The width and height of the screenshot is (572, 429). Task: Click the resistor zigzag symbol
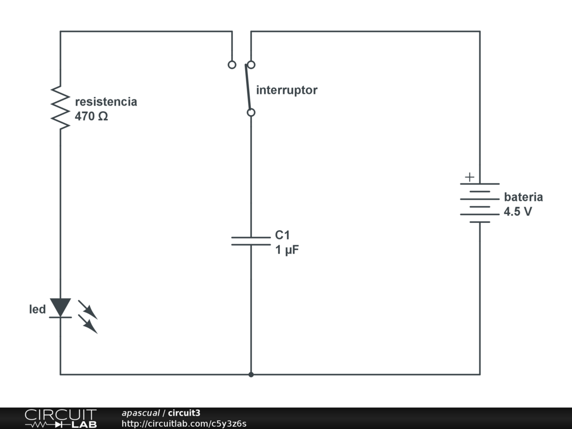tap(60, 108)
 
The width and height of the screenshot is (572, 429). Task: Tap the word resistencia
tap(106, 102)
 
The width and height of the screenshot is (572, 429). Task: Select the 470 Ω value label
tap(91, 117)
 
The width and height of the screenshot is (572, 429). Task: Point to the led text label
tap(37, 309)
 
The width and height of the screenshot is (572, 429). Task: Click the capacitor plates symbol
tap(251, 241)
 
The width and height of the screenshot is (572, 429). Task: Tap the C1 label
tap(282, 235)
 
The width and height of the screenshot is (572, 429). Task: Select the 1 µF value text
tap(287, 250)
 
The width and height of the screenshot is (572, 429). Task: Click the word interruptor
tap(287, 90)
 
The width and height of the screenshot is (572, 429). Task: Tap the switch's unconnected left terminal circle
tap(232, 65)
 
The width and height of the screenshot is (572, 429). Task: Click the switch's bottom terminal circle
tap(251, 112)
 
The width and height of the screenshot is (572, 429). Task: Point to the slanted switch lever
tap(247, 87)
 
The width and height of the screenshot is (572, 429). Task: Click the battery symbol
tap(479, 202)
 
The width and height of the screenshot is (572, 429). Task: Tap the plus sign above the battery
tap(470, 177)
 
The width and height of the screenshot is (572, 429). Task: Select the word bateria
tap(523, 197)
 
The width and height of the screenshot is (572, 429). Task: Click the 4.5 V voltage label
tap(518, 212)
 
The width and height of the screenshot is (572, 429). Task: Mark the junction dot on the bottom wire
tap(251, 374)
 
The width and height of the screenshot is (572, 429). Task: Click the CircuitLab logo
tap(60, 418)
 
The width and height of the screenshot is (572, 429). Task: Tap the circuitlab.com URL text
tap(184, 423)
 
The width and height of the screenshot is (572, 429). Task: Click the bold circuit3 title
tap(184, 413)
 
